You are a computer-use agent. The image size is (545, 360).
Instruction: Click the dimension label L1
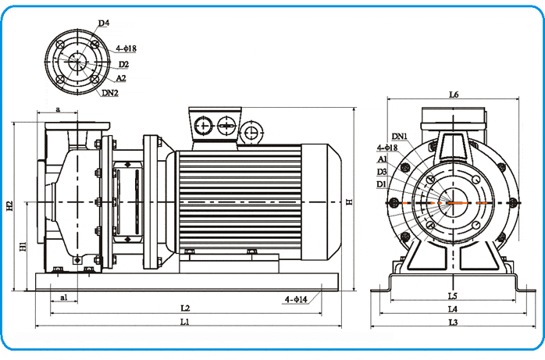[185, 322]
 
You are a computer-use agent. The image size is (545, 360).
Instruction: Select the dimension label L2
[185, 308]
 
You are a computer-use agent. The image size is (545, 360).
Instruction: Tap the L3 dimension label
[453, 322]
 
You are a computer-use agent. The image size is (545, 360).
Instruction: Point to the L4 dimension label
[453, 309]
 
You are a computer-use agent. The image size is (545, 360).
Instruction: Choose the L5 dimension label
[453, 296]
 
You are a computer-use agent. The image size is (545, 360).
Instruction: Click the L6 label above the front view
[454, 94]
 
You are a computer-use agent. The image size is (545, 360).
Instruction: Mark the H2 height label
[10, 206]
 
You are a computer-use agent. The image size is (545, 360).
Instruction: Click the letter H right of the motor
[349, 202]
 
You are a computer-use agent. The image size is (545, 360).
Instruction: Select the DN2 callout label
[110, 93]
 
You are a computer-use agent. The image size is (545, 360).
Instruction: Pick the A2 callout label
[122, 78]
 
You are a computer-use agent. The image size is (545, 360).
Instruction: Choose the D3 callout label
[382, 171]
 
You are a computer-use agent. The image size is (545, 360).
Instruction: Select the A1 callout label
[382, 159]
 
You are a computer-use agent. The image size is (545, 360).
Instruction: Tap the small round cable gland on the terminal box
[251, 132]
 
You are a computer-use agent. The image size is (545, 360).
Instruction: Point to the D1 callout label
[382, 184]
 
